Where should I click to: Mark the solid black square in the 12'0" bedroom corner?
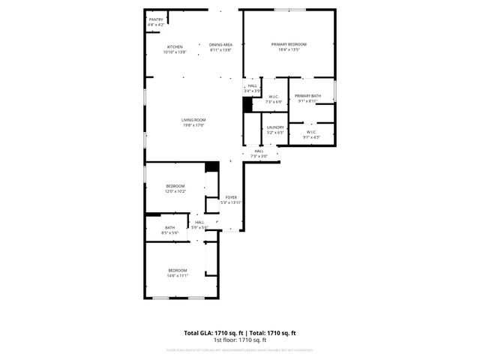[x=212, y=167]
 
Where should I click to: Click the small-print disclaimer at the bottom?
[x=240, y=350]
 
